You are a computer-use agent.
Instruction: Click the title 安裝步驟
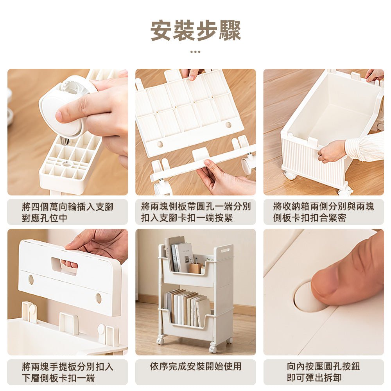(x=195, y=30)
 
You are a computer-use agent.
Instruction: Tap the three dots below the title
(x=195, y=52)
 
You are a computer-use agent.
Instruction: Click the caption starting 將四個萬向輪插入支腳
(x=67, y=212)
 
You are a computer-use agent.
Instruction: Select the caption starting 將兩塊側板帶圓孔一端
(x=195, y=212)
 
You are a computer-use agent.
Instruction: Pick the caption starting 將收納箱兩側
(x=323, y=212)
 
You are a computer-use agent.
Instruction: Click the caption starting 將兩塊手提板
(x=67, y=372)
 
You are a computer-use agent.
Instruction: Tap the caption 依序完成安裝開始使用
(x=195, y=366)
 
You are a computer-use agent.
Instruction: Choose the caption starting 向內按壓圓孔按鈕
(x=323, y=372)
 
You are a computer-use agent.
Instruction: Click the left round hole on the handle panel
(x=31, y=280)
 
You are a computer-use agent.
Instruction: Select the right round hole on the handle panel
(x=99, y=298)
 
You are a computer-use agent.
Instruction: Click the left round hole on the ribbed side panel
(x=160, y=144)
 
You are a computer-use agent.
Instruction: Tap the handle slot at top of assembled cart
(x=225, y=250)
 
